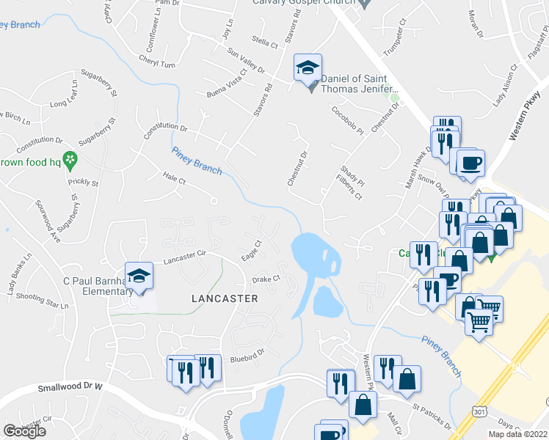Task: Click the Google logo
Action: pyautogui.click(x=24, y=431)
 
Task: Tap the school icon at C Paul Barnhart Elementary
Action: pyautogui.click(x=138, y=276)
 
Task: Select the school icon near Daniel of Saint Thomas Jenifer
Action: pyautogui.click(x=308, y=68)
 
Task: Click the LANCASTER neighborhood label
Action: pyautogui.click(x=225, y=298)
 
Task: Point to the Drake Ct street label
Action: pyautogui.click(x=266, y=279)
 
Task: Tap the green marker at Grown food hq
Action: pyautogui.click(x=70, y=158)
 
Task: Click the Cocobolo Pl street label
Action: pyautogui.click(x=348, y=120)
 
